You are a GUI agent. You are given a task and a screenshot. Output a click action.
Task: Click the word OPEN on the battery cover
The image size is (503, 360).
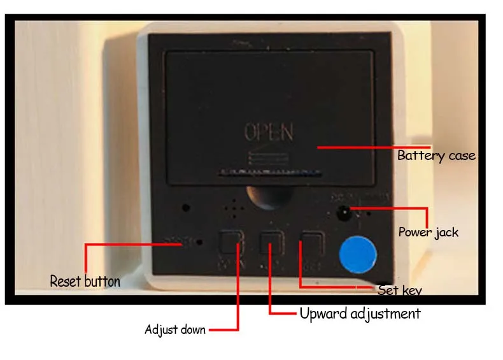click(x=269, y=132)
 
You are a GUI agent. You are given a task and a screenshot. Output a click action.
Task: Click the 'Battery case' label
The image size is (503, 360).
click(x=436, y=155)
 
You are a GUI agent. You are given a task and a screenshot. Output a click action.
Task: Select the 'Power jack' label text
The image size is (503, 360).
click(x=428, y=232)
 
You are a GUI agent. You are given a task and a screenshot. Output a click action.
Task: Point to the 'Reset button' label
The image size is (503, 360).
click(x=85, y=281)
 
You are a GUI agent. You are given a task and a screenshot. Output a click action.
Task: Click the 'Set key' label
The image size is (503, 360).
click(x=399, y=291)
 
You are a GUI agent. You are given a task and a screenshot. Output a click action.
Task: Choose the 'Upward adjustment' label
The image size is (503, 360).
click(x=360, y=313)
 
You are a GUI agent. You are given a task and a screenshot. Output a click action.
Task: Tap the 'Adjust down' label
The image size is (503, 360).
click(x=175, y=330)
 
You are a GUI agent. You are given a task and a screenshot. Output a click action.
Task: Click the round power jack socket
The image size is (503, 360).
click(x=344, y=212)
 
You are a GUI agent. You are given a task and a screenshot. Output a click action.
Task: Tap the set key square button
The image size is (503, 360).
click(x=313, y=243)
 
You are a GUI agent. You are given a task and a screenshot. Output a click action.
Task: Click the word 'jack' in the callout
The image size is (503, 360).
click(x=446, y=232)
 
